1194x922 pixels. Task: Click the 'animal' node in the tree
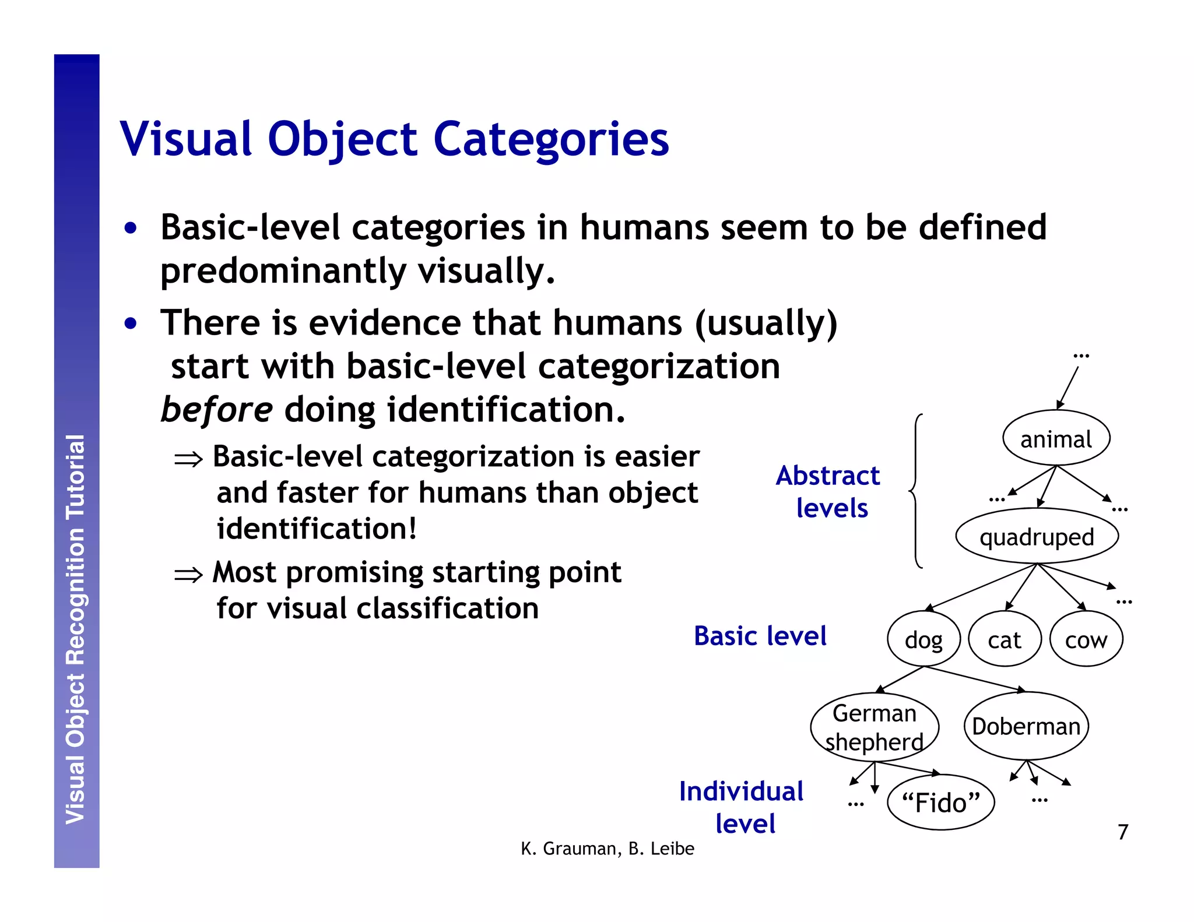(1056, 438)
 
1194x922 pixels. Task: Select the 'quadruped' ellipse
(1037, 536)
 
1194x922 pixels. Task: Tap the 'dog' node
(923, 639)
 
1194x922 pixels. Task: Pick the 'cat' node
(1004, 639)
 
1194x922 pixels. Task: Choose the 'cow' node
(1086, 639)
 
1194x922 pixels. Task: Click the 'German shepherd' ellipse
(874, 727)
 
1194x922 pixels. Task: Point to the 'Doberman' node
(1026, 726)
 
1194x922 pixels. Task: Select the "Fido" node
(940, 803)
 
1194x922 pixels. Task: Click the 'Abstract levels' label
(828, 491)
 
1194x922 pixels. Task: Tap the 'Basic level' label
(760, 636)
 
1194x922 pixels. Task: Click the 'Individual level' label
(742, 807)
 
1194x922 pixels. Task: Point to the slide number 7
(1123, 832)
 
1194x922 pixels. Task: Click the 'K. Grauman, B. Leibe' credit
(607, 849)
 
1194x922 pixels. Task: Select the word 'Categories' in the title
(551, 140)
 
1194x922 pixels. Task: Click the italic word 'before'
(216, 410)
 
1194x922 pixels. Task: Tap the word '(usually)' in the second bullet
(765, 323)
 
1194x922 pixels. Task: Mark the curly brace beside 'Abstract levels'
(916, 491)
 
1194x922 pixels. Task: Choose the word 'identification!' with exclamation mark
(317, 529)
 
